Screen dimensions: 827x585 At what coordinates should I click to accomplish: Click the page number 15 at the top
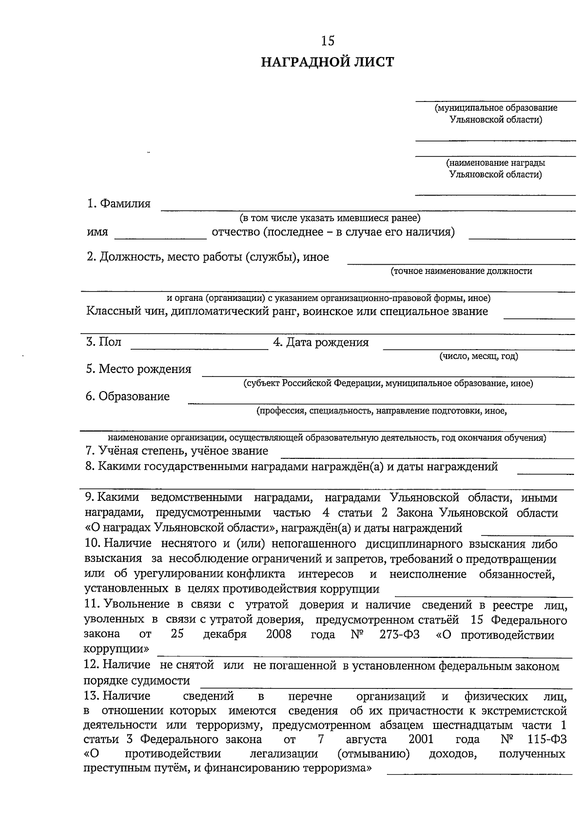(328, 41)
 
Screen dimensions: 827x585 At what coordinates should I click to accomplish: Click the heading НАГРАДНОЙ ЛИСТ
(327, 62)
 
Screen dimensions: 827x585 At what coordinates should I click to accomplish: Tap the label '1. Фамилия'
(118, 204)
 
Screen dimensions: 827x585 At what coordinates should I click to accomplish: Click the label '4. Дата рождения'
(321, 343)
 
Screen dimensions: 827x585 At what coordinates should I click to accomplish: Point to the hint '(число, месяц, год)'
(478, 356)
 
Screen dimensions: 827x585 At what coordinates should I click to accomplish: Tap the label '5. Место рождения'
(138, 369)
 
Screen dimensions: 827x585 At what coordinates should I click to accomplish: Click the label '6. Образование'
(127, 396)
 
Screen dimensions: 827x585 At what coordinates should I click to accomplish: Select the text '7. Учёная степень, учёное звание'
(176, 451)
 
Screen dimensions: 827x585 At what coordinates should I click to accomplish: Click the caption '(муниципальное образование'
(496, 108)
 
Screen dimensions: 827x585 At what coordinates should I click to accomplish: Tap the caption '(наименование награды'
(495, 163)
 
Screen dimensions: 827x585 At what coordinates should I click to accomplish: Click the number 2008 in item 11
(278, 634)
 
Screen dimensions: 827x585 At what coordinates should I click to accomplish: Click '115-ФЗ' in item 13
(547, 739)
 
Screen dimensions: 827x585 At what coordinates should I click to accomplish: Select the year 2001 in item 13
(421, 739)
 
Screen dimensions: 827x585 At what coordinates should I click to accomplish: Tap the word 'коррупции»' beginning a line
(117, 650)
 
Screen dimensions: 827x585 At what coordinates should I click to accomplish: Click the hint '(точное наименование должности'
(461, 271)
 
